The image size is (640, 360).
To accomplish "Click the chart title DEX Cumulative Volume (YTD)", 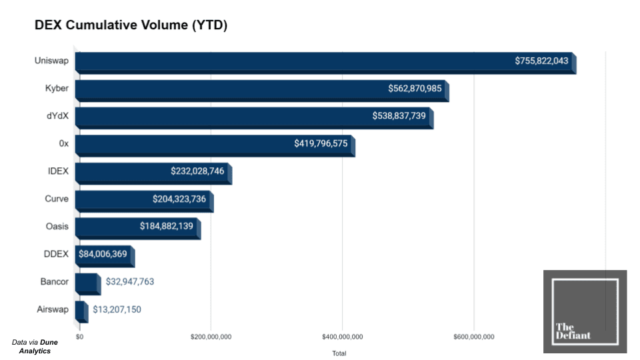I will (x=131, y=25).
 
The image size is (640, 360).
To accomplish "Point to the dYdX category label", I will (x=57, y=116).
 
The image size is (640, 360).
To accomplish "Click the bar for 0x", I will (x=213, y=144).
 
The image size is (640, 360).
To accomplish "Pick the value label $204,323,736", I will (x=179, y=199).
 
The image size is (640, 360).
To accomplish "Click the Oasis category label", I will (x=57, y=226).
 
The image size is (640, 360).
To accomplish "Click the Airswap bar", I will (x=81, y=310).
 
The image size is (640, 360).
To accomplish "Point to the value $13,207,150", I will (x=117, y=309).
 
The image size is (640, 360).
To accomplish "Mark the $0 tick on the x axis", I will (x=79, y=337).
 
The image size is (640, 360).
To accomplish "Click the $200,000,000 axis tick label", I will (x=211, y=337).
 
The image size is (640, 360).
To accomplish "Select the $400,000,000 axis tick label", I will (x=343, y=337).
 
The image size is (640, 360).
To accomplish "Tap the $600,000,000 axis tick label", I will (x=474, y=337).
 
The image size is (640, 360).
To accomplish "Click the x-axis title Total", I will (x=339, y=353).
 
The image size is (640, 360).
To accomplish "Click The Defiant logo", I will (x=585, y=311).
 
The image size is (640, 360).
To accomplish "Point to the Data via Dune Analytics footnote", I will (x=35, y=347).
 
